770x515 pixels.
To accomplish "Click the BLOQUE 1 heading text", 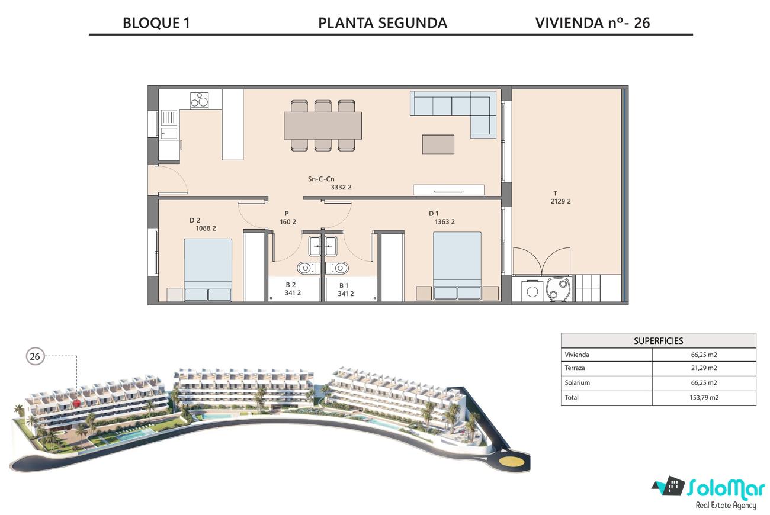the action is tap(156, 23).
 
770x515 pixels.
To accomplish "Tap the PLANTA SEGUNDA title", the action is tap(383, 23).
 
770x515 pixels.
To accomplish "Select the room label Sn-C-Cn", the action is tap(321, 179).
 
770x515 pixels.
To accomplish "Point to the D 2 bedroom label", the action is tap(194, 220).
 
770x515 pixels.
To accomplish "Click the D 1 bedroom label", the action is tap(434, 213).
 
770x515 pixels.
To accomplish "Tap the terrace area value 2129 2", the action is tap(561, 201).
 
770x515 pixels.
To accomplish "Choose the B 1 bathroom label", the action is tap(344, 285).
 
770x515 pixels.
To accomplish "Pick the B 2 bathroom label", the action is tap(290, 285).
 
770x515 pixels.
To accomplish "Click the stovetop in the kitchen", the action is tap(200, 100).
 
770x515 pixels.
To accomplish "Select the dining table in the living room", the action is tap(323, 125).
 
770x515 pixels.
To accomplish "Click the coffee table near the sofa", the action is tap(438, 144).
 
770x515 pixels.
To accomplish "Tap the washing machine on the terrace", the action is tap(532, 291).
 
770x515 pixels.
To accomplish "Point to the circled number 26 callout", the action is tap(35, 356).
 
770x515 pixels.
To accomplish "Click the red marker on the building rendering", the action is tap(76, 403).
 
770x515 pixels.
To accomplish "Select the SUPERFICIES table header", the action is tap(658, 340).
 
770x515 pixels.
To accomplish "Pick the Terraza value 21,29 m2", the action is tap(704, 368).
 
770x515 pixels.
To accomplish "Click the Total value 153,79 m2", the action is tap(704, 398).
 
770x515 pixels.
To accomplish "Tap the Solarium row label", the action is tap(577, 383).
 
